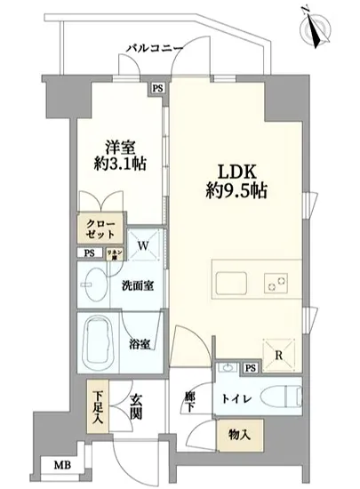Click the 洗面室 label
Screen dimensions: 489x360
(x=136, y=287)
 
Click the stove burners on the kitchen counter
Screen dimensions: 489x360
(x=274, y=285)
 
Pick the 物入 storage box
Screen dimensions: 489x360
(x=239, y=437)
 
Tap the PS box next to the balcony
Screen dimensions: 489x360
(x=157, y=88)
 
